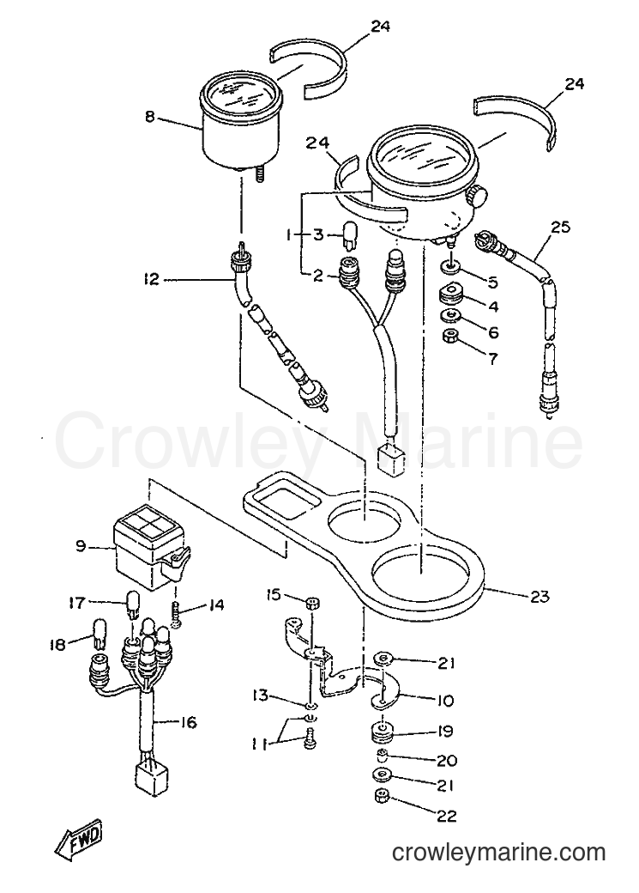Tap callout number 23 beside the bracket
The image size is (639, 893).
[540, 596]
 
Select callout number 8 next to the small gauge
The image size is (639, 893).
[150, 117]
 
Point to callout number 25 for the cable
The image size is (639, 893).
[560, 228]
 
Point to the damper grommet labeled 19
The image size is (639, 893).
[383, 733]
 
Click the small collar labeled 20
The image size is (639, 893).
[383, 756]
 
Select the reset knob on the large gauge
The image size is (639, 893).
[476, 197]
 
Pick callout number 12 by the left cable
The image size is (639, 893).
[151, 280]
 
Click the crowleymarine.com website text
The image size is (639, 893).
[498, 854]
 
